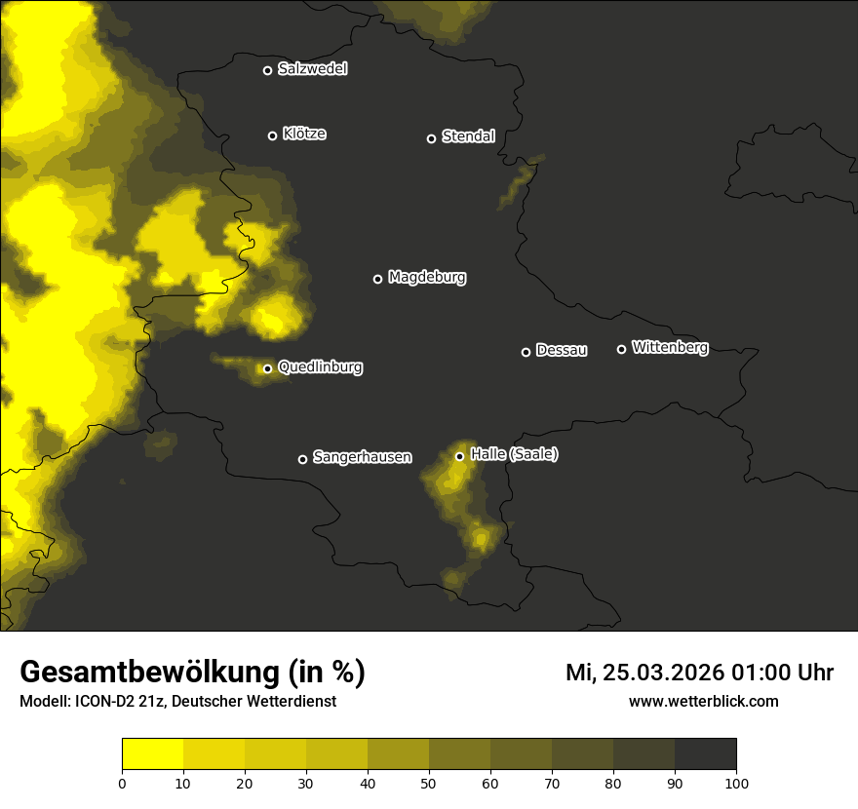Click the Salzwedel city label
coord(312,69)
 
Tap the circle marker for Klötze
coord(273,135)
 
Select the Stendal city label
coord(468,136)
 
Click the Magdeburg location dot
coord(378,279)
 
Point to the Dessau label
coord(562,350)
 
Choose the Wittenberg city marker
coord(621,349)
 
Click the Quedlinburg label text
coord(320,367)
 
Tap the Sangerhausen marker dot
coord(302,459)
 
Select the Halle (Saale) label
coord(514,454)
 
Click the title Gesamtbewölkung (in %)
coord(192,672)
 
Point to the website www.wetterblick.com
coord(703,701)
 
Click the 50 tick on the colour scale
coord(429,782)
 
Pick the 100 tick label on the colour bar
coord(736,782)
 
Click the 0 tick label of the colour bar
coord(122,782)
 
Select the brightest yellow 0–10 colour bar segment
coord(153,754)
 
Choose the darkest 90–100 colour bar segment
coord(705,754)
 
